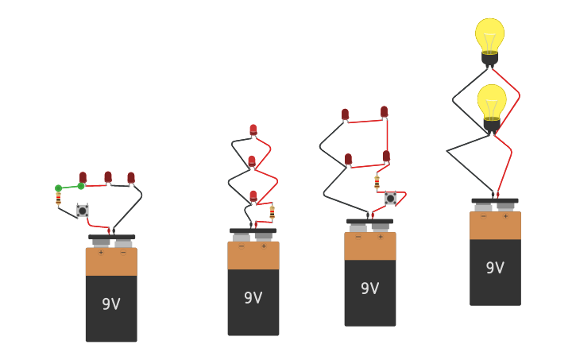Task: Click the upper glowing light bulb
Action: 489,37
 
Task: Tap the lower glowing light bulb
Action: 492,104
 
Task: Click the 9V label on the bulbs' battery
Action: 495,268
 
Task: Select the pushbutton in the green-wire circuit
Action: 83,211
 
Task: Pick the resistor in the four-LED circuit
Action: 377,182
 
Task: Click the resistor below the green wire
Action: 58,199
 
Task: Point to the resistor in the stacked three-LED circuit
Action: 272,212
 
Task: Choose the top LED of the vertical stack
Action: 253,130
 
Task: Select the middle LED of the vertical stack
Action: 252,161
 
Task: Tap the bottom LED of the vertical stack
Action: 253,195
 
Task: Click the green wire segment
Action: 69,188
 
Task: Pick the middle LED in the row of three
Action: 108,177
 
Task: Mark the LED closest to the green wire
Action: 83,177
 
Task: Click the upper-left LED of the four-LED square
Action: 345,114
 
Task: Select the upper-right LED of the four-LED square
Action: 384,111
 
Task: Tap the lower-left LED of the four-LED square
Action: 348,159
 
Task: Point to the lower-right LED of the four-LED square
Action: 386,157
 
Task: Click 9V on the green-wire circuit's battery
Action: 111,304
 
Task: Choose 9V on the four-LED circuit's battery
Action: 370,288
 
